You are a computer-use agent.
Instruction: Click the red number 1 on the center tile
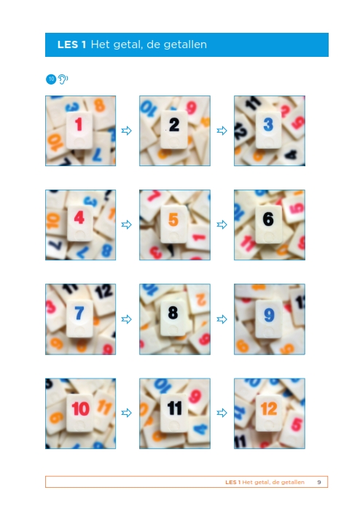(79, 124)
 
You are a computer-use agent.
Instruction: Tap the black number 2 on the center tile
(174, 125)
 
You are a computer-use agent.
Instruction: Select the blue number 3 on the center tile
(268, 124)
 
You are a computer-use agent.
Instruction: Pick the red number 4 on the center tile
(79, 217)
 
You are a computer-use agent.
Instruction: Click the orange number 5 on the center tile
(173, 219)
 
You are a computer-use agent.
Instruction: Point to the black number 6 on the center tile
(268, 219)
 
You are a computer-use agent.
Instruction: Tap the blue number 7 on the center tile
(79, 313)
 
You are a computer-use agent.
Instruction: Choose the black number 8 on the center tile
(173, 312)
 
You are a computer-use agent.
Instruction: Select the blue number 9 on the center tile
(269, 315)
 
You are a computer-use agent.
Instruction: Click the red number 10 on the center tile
(80, 408)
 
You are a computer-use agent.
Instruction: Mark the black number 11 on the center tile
(174, 408)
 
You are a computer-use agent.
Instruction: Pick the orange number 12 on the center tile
(269, 409)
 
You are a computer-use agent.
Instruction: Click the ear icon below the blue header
(63, 79)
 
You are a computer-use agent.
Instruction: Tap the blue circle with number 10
(51, 79)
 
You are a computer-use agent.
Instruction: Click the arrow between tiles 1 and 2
(127, 131)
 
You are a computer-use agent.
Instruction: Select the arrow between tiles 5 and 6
(222, 225)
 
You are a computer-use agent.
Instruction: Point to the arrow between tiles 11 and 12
(222, 413)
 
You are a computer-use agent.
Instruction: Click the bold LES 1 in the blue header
(71, 44)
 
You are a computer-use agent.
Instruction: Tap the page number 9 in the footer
(319, 482)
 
